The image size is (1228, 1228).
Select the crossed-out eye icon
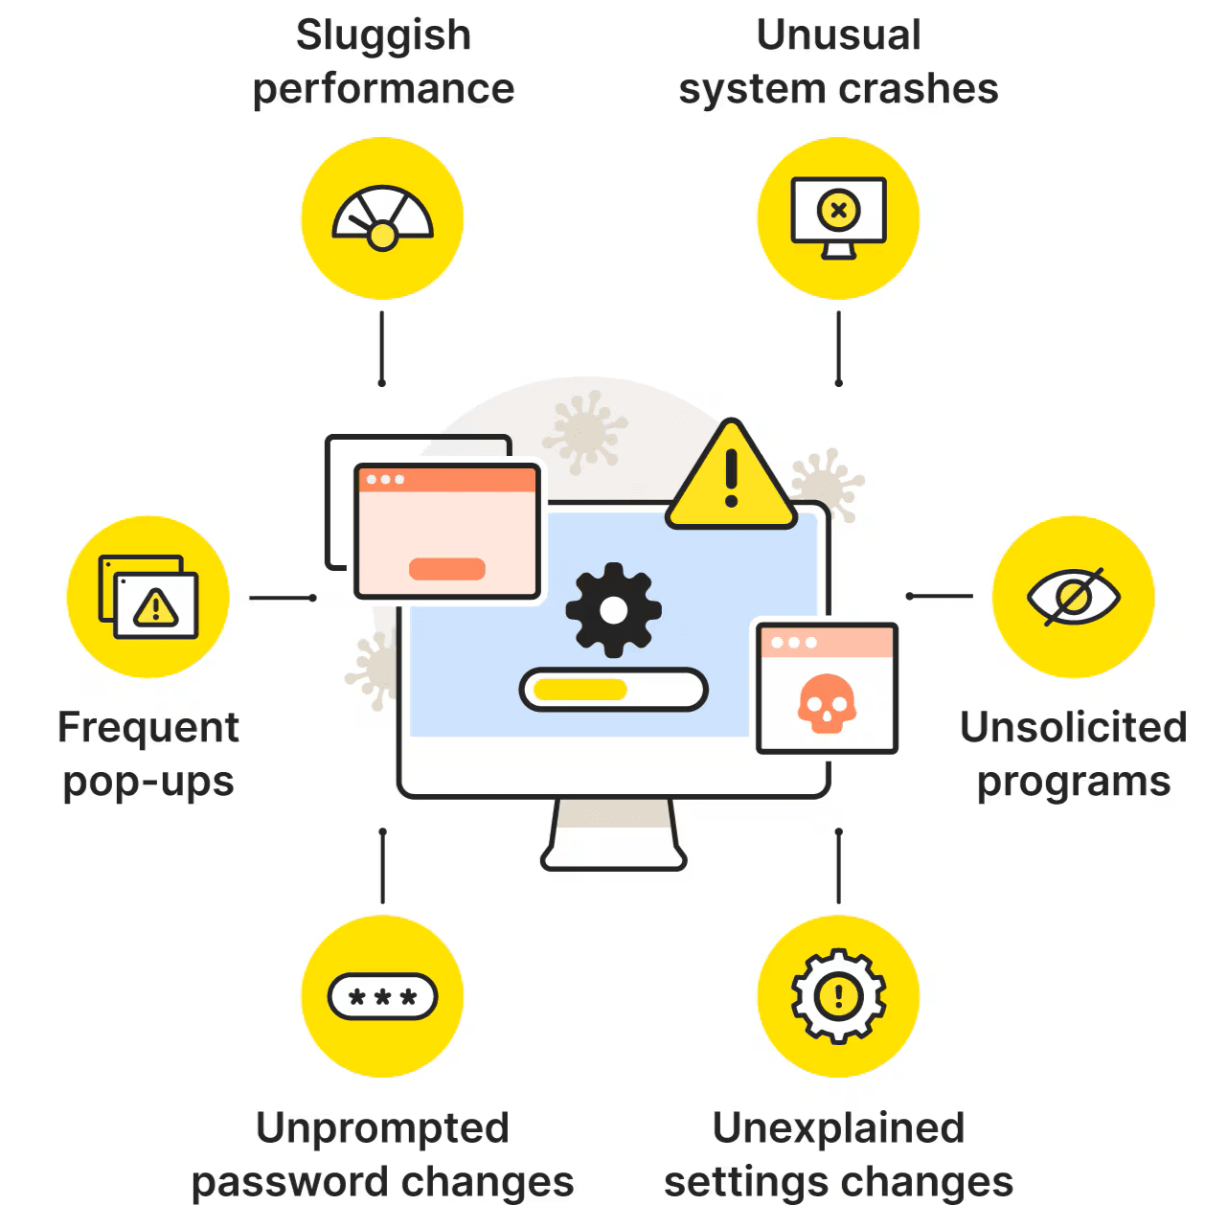1073,597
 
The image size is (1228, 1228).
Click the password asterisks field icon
382,997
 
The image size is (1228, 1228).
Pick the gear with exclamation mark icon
839,996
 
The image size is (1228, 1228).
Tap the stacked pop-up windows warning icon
148,598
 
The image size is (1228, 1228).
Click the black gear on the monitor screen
613,609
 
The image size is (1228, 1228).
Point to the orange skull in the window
826,703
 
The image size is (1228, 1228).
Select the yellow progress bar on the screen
580,690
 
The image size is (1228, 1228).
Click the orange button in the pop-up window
447,569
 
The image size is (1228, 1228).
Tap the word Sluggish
383,36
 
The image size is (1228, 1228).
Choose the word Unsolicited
1073,728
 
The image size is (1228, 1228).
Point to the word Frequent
148,728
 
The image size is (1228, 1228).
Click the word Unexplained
838,1128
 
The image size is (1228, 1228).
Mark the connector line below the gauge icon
382,347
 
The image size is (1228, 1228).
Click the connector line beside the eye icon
940,596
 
